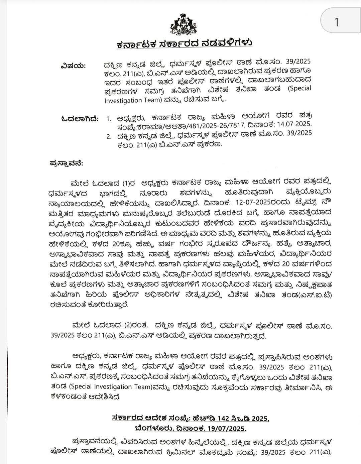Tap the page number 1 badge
click(x=337, y=22)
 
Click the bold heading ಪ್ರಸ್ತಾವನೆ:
click(x=66, y=163)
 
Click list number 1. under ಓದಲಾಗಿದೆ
click(x=108, y=118)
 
